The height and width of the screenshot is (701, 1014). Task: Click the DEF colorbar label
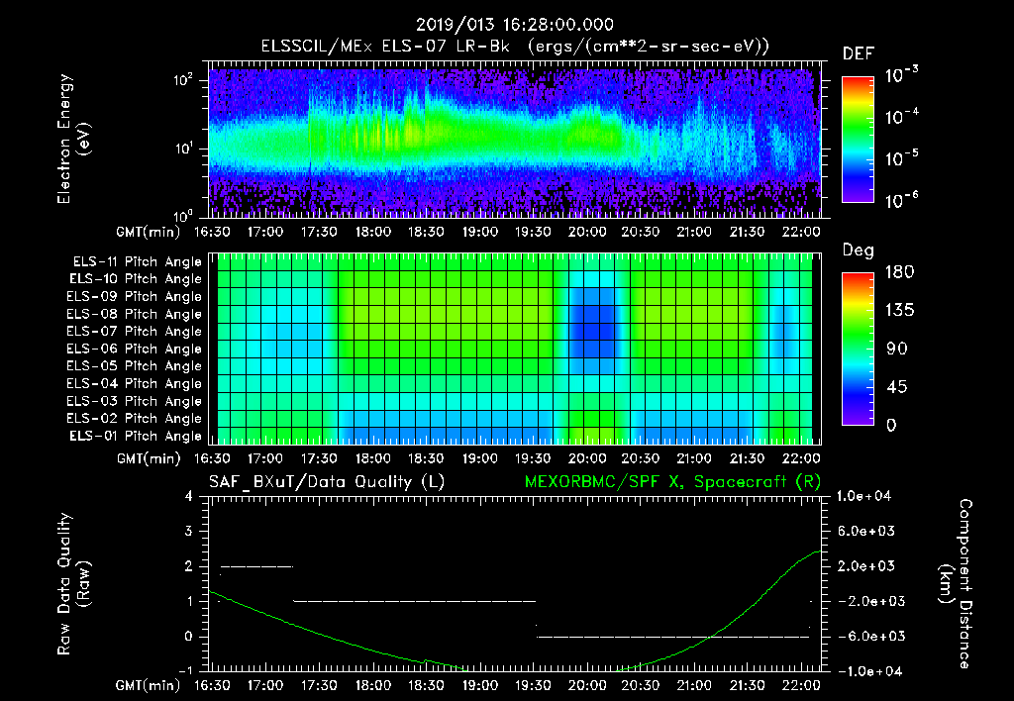click(858, 54)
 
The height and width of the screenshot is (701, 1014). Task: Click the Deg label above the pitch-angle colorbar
click(858, 250)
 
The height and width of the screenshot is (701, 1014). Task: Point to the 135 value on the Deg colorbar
click(898, 310)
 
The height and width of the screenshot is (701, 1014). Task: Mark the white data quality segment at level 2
click(256, 566)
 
